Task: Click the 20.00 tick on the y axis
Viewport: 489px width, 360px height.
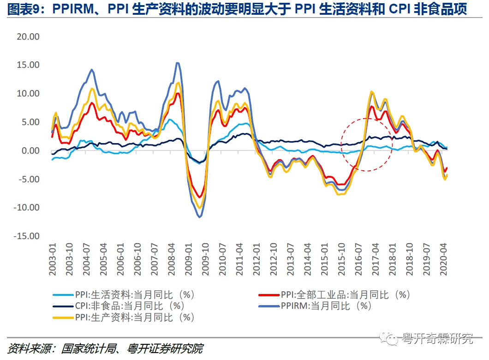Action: coord(28,36)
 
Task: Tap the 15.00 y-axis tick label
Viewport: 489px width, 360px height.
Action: coord(28,65)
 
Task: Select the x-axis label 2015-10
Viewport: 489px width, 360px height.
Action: coord(344,259)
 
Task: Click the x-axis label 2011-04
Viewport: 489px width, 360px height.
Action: coord(239,259)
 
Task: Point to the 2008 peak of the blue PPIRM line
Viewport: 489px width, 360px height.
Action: coord(178,63)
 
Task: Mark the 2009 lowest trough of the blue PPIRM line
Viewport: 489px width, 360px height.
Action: coord(199,217)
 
